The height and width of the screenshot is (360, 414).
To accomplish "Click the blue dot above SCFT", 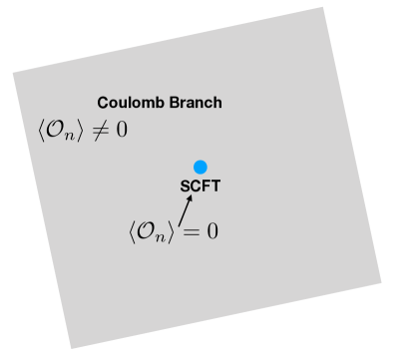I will click(201, 167).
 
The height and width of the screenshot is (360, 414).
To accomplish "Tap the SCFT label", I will click(200, 185).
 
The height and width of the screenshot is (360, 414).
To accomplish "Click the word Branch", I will click(197, 103).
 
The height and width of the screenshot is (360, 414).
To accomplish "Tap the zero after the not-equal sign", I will click(121, 130).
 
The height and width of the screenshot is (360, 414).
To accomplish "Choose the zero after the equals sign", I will click(211, 231).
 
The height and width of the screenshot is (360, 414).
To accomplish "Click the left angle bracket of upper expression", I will click(37, 130).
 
